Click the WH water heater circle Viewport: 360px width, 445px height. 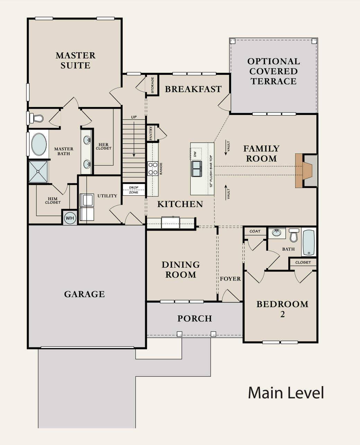tap(70, 218)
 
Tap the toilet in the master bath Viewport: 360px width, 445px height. tap(36, 118)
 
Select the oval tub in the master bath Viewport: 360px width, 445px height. tap(39, 144)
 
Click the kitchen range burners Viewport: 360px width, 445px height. tap(152, 168)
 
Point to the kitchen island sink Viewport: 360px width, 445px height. tap(196, 169)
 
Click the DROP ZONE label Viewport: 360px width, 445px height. tap(134, 190)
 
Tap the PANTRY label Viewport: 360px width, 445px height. tap(151, 133)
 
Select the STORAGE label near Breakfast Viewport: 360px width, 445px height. tap(152, 85)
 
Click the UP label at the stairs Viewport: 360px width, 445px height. tap(134, 117)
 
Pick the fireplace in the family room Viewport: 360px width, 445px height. tap(306, 171)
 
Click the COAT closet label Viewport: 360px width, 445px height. tap(255, 231)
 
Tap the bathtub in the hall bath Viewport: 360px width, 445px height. tap(309, 242)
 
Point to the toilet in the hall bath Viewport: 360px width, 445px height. tap(294, 235)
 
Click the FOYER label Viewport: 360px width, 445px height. tap(230, 279)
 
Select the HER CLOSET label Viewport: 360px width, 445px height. tap(104, 146)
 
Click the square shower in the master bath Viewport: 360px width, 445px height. tap(38, 171)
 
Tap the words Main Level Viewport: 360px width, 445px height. tap(286, 393)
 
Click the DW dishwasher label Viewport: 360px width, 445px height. tap(195, 154)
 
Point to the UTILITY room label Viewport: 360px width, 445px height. tap(107, 196)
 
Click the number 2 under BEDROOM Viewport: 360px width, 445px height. tap(282, 314)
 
